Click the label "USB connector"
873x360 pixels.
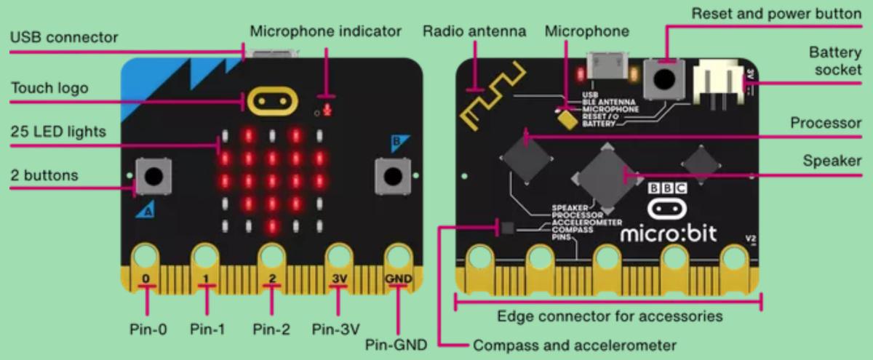[x=63, y=36]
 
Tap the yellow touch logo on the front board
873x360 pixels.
[x=273, y=103]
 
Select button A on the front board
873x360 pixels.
[x=154, y=175]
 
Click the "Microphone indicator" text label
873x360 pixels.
[x=325, y=32]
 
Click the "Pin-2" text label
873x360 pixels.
[x=272, y=329]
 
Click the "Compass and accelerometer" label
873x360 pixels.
[x=575, y=345]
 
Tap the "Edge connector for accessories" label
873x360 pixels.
[x=610, y=316]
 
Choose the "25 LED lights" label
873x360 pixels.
[x=58, y=132]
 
